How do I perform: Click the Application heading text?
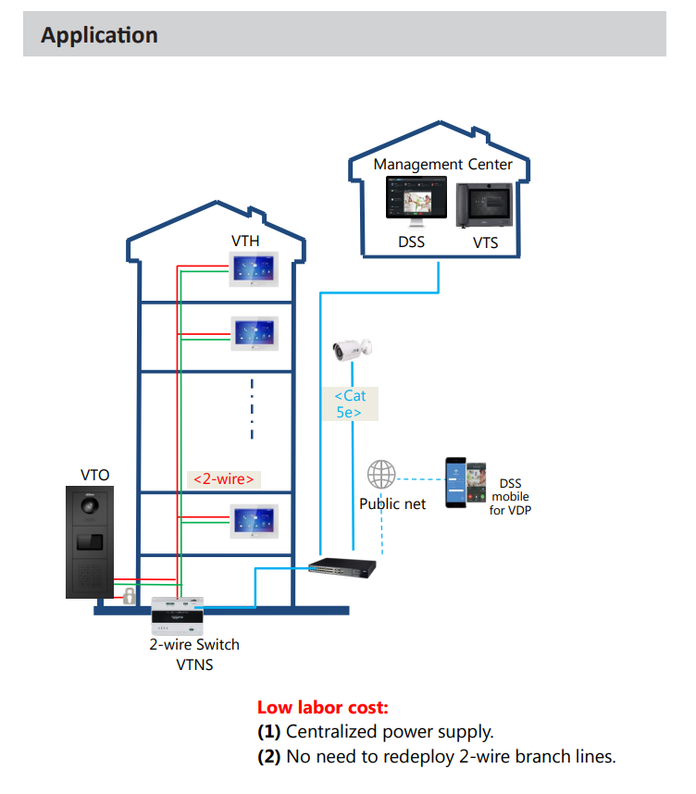pos(99,35)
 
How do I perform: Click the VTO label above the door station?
pos(94,475)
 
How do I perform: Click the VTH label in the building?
pos(245,242)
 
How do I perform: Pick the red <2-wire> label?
pos(222,478)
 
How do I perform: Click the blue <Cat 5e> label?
pos(350,404)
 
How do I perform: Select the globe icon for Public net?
pos(381,476)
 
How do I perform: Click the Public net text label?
pos(392,504)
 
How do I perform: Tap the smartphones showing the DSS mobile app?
pos(465,482)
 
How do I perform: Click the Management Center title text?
pos(442,164)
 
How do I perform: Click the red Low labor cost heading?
pos(322,708)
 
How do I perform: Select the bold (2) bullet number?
pos(269,756)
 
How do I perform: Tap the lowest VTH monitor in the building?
pos(255,522)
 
